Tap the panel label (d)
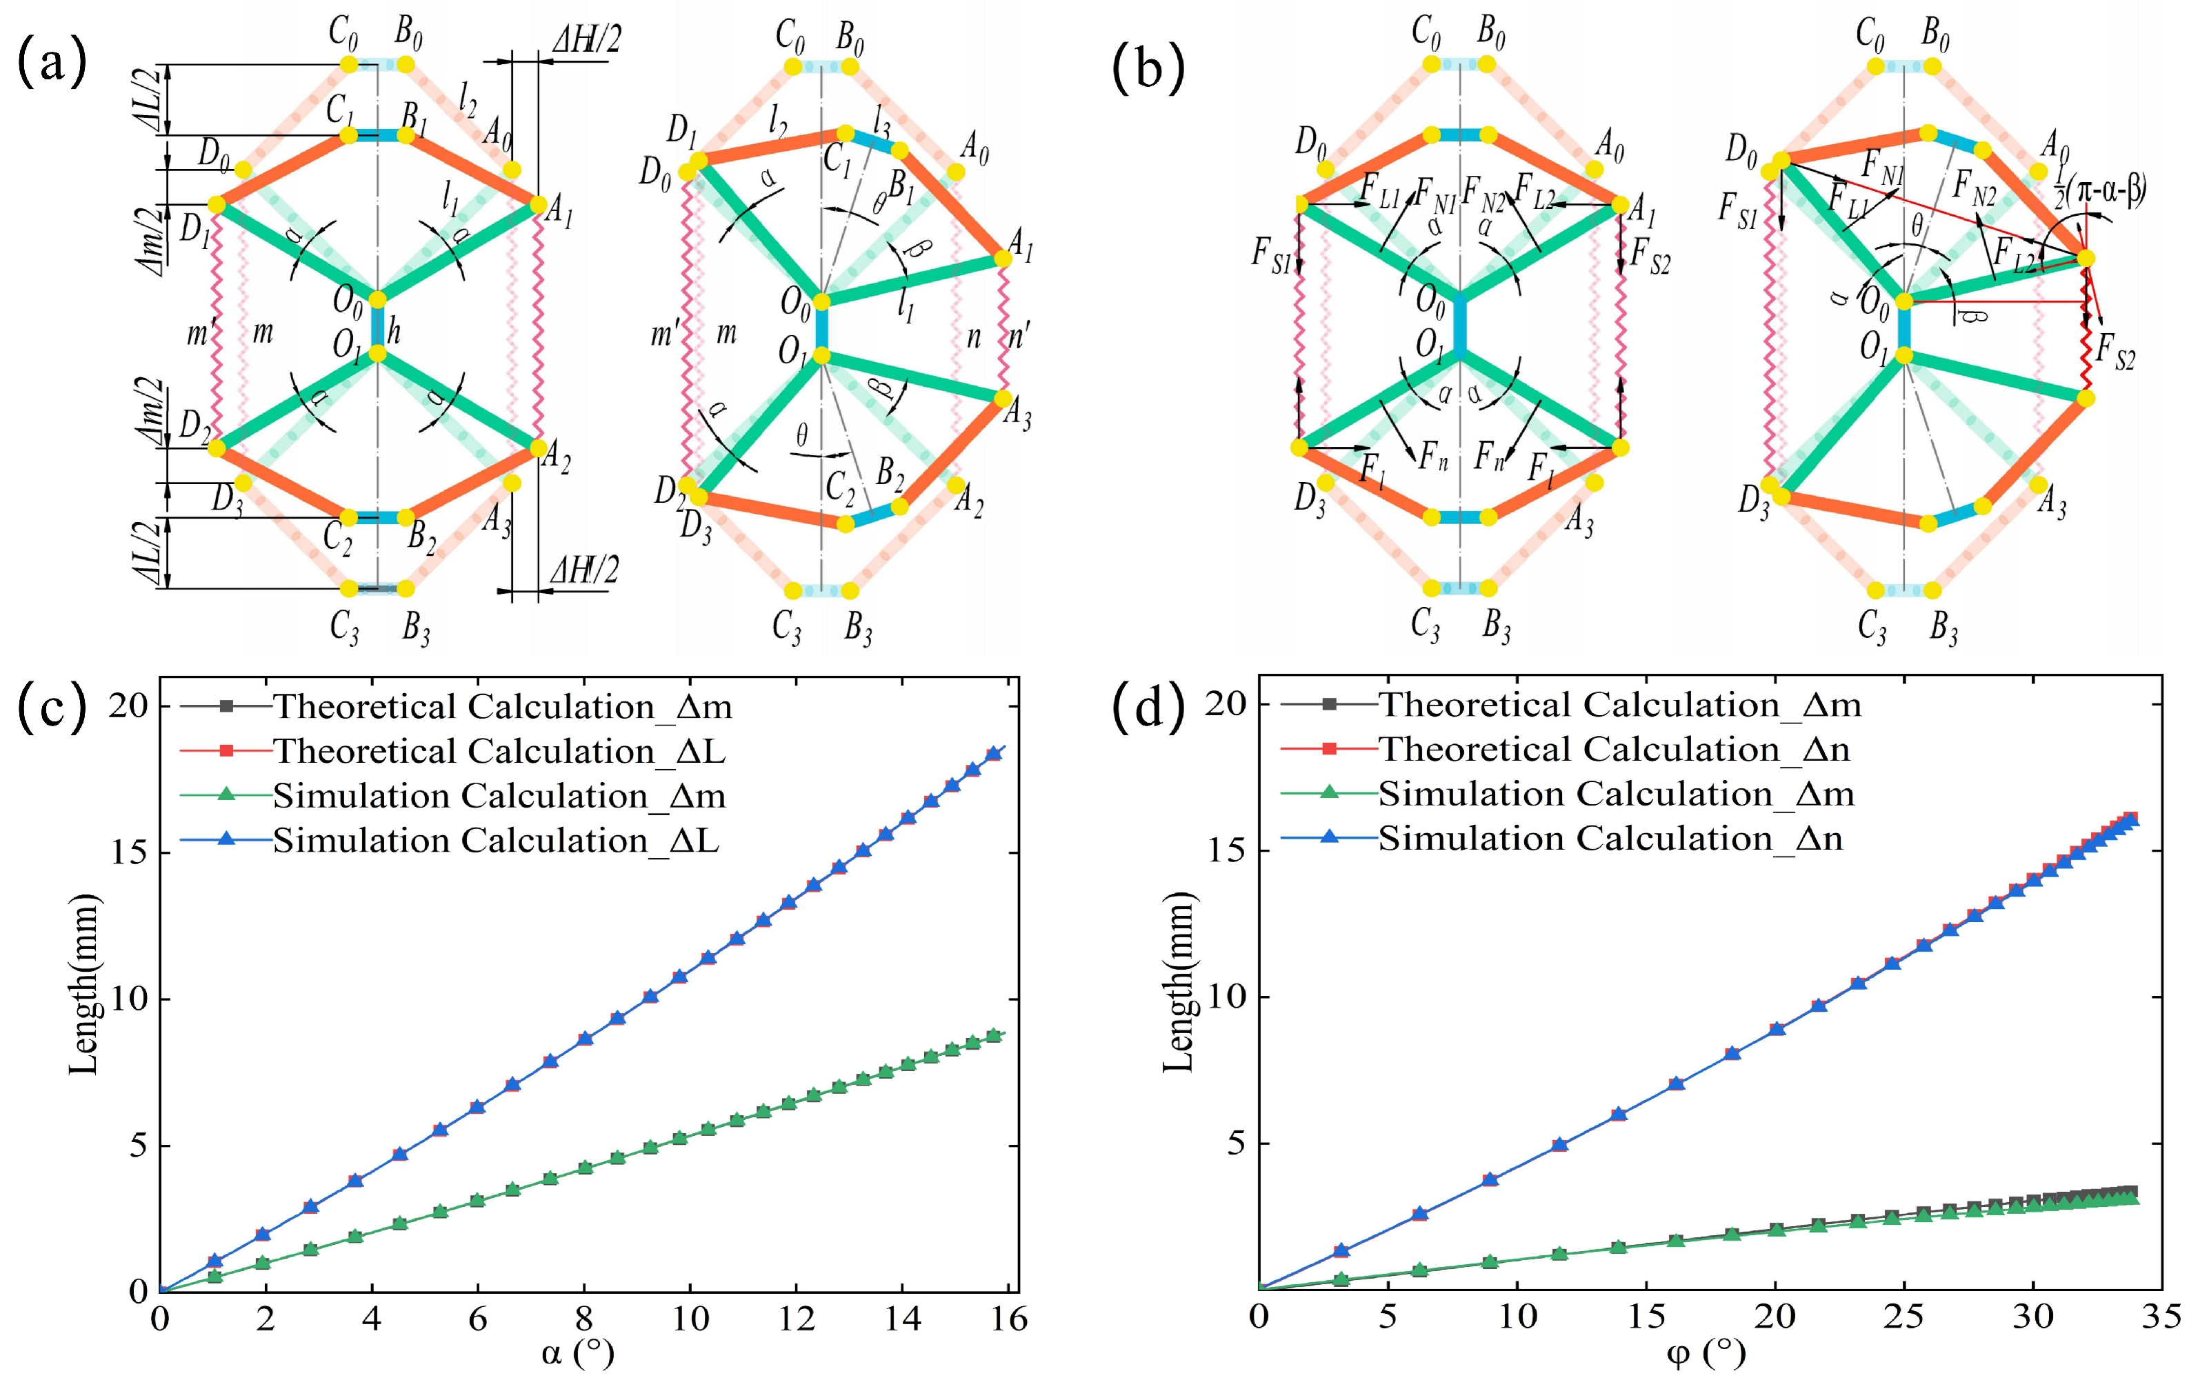[1148, 706]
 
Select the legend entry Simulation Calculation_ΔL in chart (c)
[495, 841]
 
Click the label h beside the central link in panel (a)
[394, 331]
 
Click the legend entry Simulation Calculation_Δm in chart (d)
[1615, 794]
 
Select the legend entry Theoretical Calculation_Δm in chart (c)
[502, 706]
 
